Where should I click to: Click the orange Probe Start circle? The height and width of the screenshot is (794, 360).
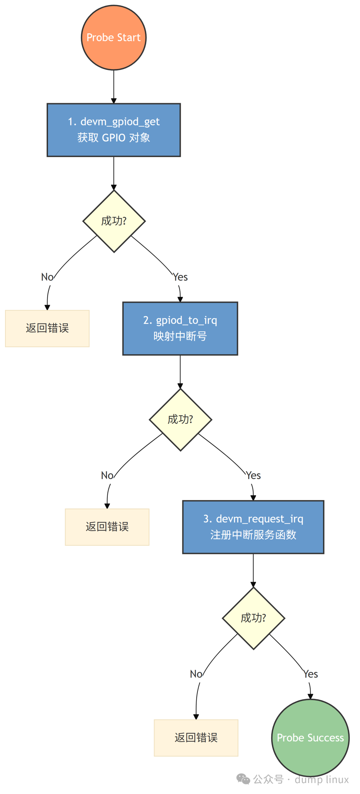pyautogui.click(x=114, y=38)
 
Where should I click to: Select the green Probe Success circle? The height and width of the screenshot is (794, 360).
pyautogui.click(x=310, y=737)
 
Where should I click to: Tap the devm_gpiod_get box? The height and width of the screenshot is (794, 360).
pyautogui.click(x=114, y=130)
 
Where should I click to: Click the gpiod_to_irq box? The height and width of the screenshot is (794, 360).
pyautogui.click(x=180, y=329)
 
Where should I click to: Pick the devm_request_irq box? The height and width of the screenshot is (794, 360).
pyautogui.click(x=253, y=527)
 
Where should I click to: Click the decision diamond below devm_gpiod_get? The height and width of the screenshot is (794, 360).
pyautogui.click(x=114, y=221)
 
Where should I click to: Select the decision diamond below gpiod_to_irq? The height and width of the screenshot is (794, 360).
pyautogui.click(x=180, y=420)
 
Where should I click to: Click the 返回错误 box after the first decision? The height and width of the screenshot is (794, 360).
pyautogui.click(x=47, y=328)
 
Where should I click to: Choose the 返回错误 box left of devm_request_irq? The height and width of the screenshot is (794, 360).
pyautogui.click(x=107, y=527)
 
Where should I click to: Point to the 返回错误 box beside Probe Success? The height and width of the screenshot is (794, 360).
pyautogui.click(x=196, y=738)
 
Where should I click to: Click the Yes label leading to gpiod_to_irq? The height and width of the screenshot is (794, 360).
pyautogui.click(x=180, y=277)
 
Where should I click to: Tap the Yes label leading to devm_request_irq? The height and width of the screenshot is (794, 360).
pyautogui.click(x=253, y=476)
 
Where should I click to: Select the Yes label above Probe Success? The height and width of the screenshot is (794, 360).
pyautogui.click(x=310, y=674)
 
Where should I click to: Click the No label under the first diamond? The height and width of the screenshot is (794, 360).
pyautogui.click(x=47, y=277)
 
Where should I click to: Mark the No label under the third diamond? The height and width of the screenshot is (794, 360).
pyautogui.click(x=196, y=674)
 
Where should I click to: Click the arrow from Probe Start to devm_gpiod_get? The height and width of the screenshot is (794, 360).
pyautogui.click(x=114, y=87)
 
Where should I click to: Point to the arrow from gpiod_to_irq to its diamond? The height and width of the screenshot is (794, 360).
pyautogui.click(x=180, y=372)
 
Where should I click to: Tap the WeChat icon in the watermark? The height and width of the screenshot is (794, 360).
pyautogui.click(x=243, y=779)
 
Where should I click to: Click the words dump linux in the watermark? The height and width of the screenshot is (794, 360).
pyautogui.click(x=322, y=779)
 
